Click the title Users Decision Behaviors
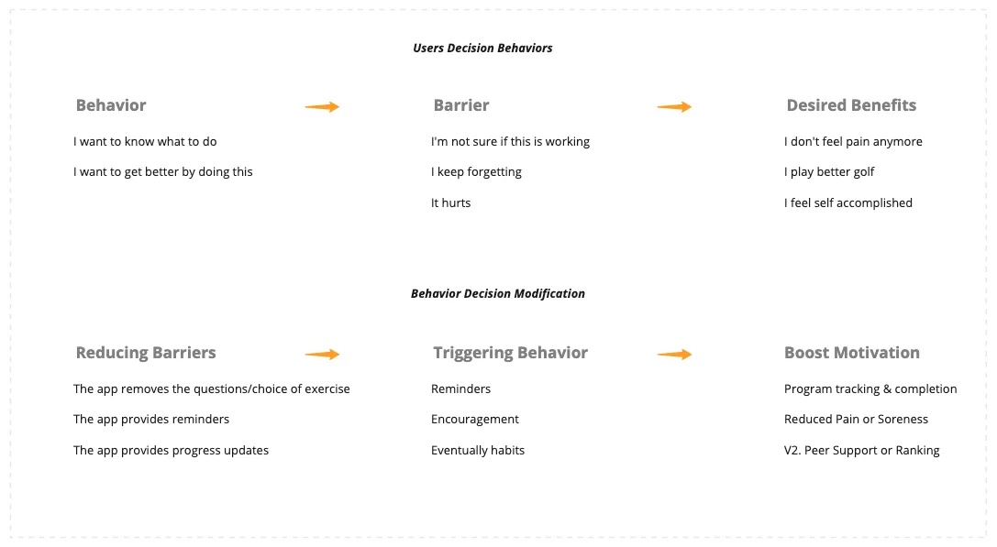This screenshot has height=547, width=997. [x=482, y=48]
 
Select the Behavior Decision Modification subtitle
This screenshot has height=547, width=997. [x=497, y=294]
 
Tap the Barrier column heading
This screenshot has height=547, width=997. [x=460, y=105]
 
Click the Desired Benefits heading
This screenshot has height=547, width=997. [x=850, y=105]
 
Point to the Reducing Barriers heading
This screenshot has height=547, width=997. [x=146, y=353]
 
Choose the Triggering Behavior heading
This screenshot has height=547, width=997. [x=510, y=353]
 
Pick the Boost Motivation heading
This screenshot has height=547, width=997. [x=851, y=353]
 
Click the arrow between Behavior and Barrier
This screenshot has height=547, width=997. [x=322, y=107]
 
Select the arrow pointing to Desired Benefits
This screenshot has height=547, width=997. [x=674, y=107]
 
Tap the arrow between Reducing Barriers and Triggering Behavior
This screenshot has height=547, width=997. [x=322, y=355]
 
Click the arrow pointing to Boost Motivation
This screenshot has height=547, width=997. [x=674, y=355]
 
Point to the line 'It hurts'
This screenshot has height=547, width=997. [x=450, y=203]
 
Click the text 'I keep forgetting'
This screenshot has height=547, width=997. [x=476, y=172]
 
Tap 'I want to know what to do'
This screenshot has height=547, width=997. [x=145, y=142]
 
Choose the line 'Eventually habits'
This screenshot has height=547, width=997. [x=478, y=451]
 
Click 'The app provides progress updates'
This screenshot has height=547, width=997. [x=171, y=451]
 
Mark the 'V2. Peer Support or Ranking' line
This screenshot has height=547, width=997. [x=861, y=451]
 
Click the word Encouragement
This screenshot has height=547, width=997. [x=474, y=420]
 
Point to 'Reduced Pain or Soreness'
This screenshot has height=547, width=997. [x=856, y=420]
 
